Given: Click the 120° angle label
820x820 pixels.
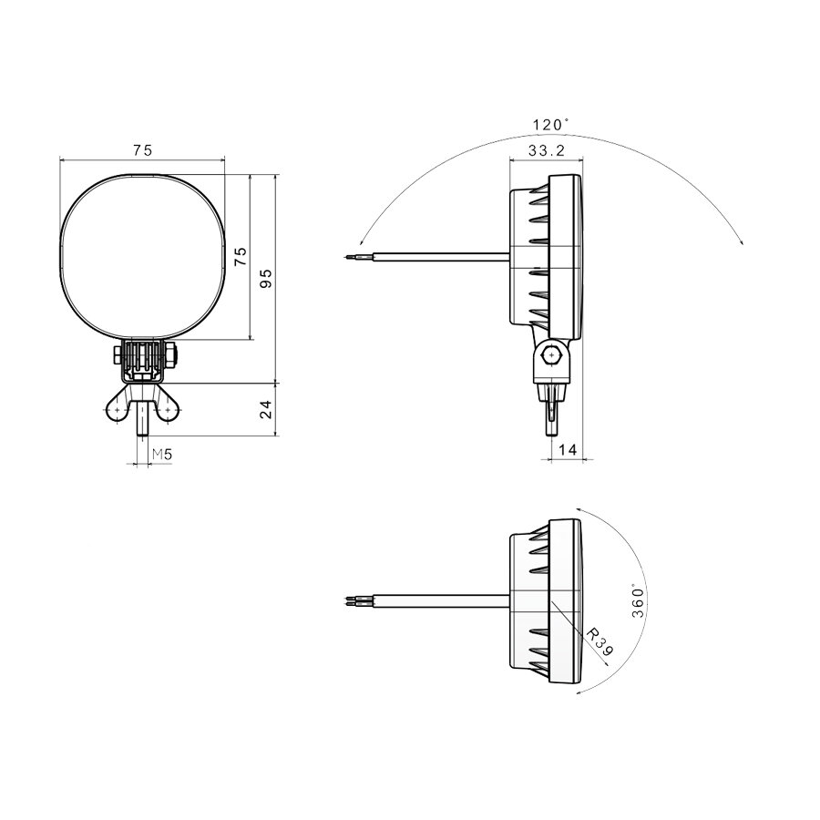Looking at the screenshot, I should click(x=550, y=124).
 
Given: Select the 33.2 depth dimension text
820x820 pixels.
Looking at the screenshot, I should click(x=544, y=149).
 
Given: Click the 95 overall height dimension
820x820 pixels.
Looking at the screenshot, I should click(x=266, y=278).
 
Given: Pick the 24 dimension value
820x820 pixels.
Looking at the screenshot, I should click(x=266, y=410).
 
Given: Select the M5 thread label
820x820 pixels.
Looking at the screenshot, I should click(x=161, y=454).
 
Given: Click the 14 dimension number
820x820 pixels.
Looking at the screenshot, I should click(x=567, y=449).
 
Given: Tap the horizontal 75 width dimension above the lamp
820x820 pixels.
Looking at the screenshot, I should click(x=142, y=150).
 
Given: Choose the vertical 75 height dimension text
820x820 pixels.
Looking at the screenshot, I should click(x=241, y=256).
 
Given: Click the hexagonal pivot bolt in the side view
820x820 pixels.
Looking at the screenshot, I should click(x=552, y=355).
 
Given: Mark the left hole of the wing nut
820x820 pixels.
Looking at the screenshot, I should click(x=118, y=411).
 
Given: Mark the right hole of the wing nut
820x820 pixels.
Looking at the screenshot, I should click(x=169, y=411).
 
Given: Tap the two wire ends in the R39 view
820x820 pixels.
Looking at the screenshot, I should click(x=353, y=600).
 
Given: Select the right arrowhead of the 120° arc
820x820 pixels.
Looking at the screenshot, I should click(x=743, y=241).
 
